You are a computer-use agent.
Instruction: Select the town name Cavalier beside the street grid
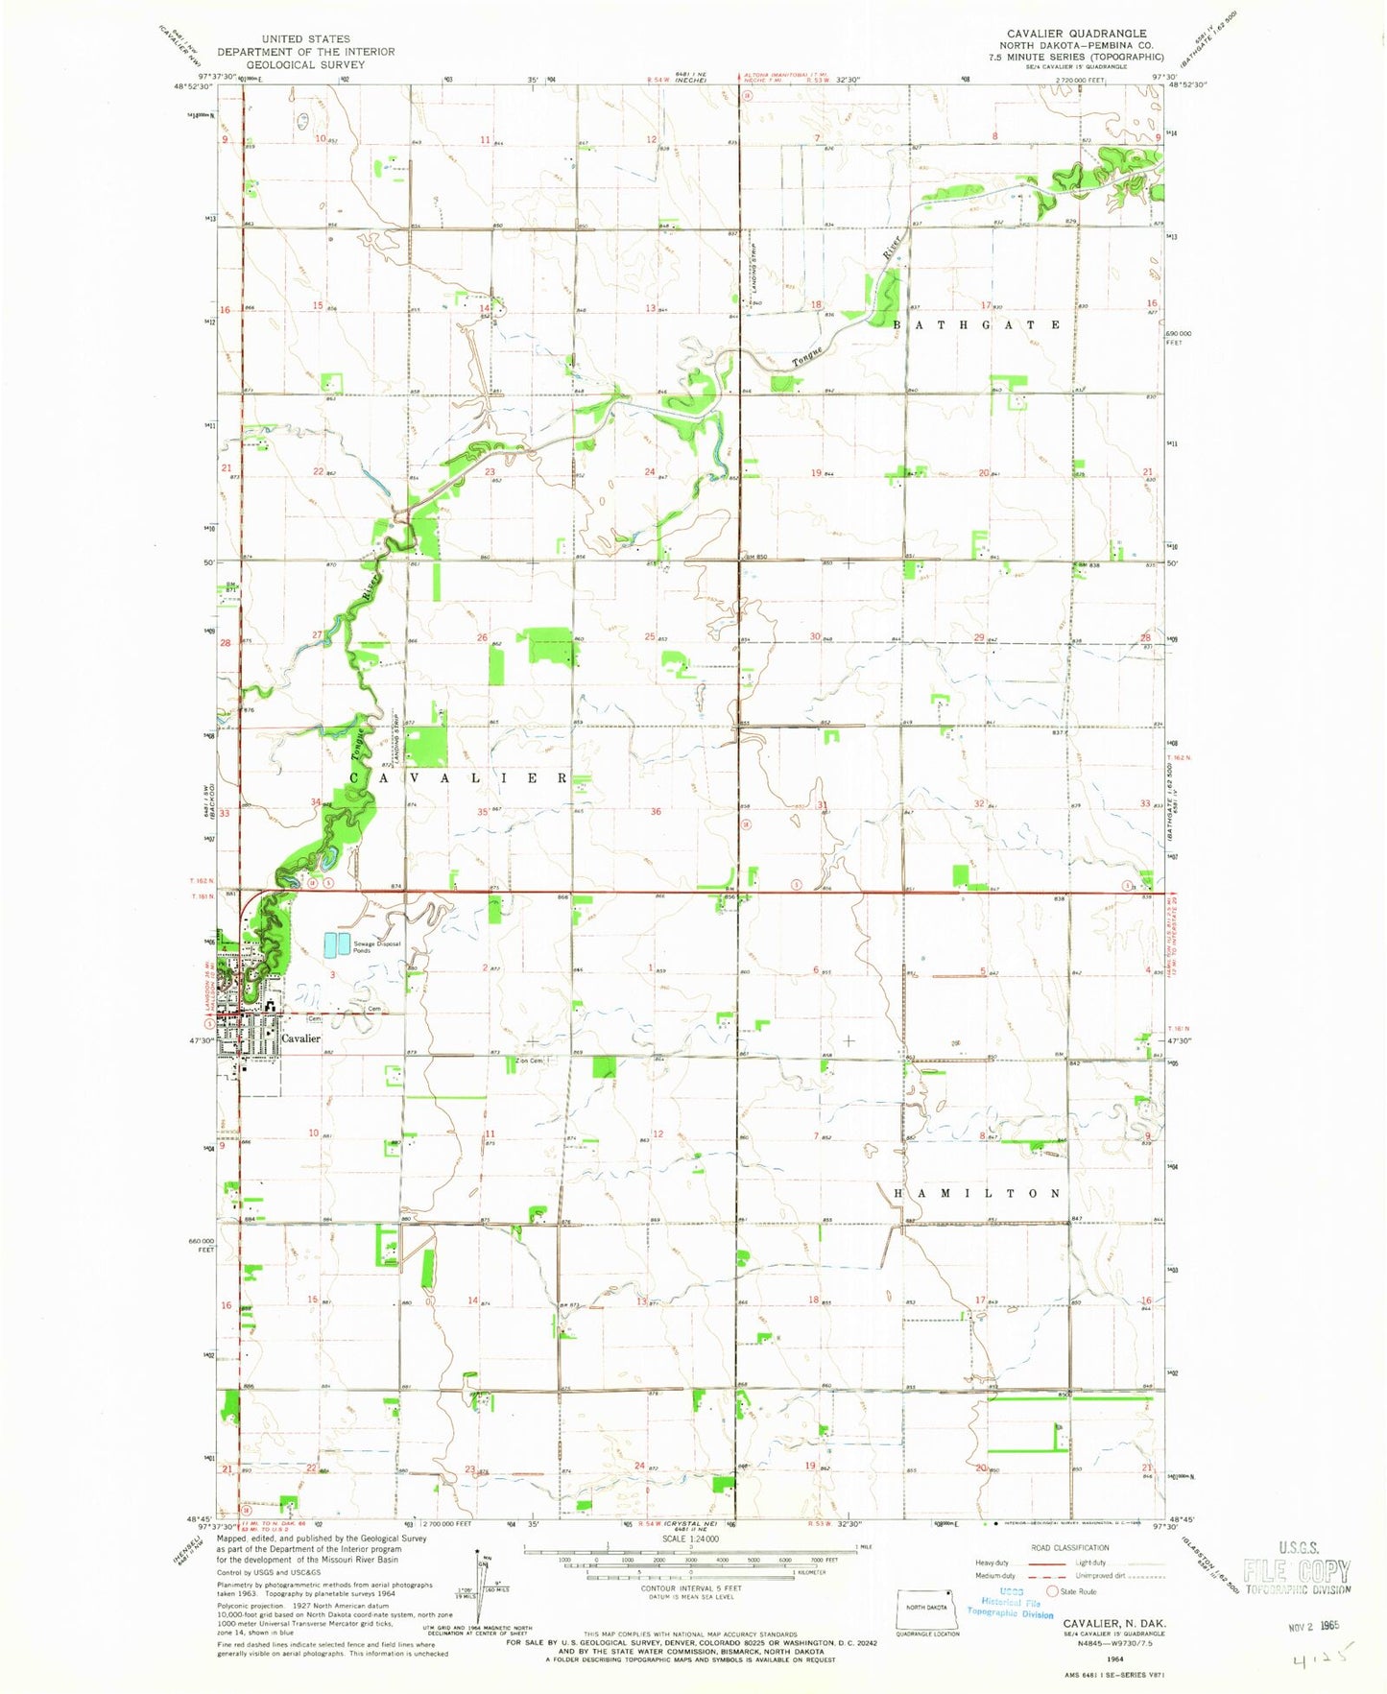point(300,1038)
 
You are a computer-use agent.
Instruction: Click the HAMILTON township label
point(977,1193)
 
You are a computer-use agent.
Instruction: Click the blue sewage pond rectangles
point(330,945)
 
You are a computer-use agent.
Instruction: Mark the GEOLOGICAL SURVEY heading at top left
point(305,64)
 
